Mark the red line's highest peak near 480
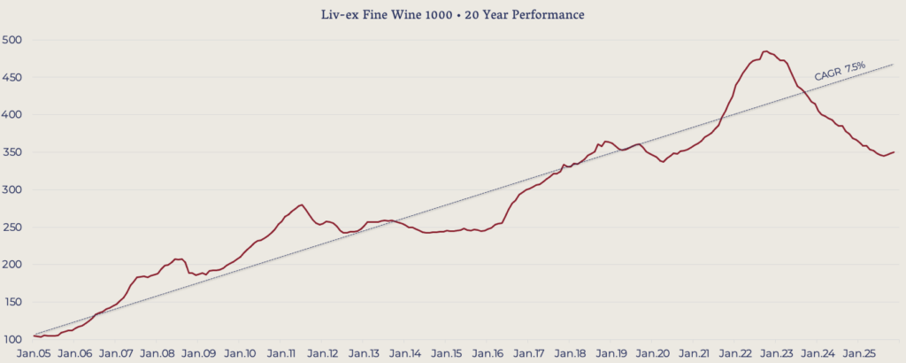pos(765,51)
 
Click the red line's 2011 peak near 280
pos(302,205)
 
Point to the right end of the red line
pos(894,152)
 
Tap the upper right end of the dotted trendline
pos(894,64)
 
